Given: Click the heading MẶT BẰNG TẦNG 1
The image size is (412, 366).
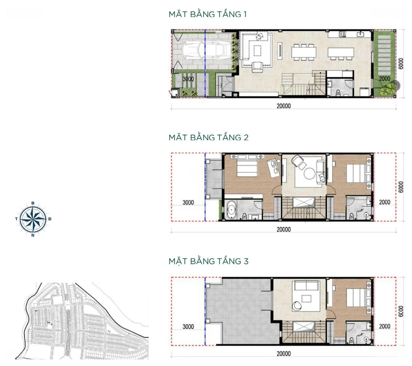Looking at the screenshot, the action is (x=208, y=14).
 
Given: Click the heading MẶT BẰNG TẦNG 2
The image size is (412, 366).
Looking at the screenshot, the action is (x=208, y=137).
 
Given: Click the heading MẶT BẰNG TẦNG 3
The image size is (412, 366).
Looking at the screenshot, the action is (x=208, y=261).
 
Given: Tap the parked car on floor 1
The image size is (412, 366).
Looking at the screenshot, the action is (x=205, y=50).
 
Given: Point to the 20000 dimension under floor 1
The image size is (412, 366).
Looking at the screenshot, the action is (x=283, y=106).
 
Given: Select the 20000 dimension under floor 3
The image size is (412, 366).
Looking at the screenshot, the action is (x=283, y=353).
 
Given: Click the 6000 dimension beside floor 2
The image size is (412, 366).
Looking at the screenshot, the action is (x=401, y=187).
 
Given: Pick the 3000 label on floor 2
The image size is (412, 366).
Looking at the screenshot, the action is (x=188, y=202).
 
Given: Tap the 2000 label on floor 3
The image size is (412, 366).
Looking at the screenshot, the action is (x=385, y=326).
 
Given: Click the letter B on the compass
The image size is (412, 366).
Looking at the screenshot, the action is (x=33, y=203).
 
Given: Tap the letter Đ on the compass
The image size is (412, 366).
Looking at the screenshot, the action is (x=50, y=219).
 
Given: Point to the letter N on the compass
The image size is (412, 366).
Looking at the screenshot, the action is (x=33, y=236).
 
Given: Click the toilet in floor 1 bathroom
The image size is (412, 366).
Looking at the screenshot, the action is (x=338, y=92).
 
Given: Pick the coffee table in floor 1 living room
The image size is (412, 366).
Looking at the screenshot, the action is (x=257, y=50).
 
